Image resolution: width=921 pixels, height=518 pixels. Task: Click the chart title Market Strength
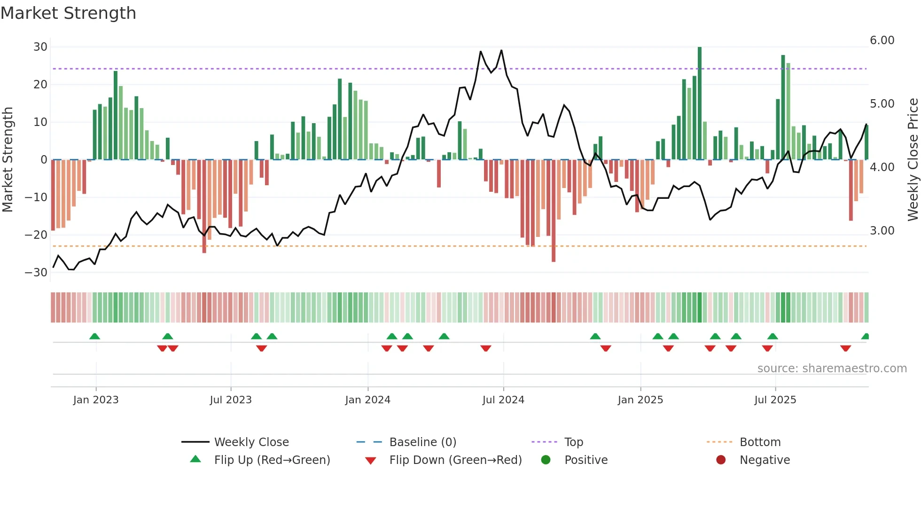pyautogui.click(x=68, y=13)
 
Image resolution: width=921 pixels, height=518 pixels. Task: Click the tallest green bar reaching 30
pyautogui.click(x=700, y=103)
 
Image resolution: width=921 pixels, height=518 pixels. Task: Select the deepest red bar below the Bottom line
pyautogui.click(x=554, y=212)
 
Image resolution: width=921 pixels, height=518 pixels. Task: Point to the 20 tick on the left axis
pyautogui.click(x=40, y=85)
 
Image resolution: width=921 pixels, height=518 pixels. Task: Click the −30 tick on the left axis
pyautogui.click(x=37, y=273)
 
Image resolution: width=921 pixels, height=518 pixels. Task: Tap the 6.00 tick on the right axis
pyautogui.click(x=882, y=40)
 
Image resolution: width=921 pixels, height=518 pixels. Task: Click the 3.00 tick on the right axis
pyautogui.click(x=882, y=231)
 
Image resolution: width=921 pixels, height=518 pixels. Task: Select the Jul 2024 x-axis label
pyautogui.click(x=503, y=400)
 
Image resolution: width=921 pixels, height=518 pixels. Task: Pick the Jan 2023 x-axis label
pyautogui.click(x=96, y=400)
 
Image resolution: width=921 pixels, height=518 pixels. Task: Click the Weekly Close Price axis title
pyautogui.click(x=913, y=160)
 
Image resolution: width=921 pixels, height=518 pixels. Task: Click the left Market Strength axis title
pyautogui.click(x=8, y=160)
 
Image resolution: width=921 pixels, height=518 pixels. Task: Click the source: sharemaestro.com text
pyautogui.click(x=832, y=369)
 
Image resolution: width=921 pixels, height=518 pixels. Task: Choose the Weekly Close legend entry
pyautogui.click(x=251, y=442)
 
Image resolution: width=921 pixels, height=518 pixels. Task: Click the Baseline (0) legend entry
pyautogui.click(x=422, y=442)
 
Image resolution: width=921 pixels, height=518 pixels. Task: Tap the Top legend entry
pyautogui.click(x=573, y=442)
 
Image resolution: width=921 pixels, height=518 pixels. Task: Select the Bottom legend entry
pyautogui.click(x=760, y=442)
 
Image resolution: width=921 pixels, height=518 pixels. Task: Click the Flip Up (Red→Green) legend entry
pyautogui.click(x=272, y=460)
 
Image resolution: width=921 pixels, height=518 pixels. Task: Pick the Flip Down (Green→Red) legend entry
pyautogui.click(x=455, y=460)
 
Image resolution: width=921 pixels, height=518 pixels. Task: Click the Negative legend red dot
pyautogui.click(x=721, y=460)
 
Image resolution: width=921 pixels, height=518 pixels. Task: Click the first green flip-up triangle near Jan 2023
pyautogui.click(x=94, y=337)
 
